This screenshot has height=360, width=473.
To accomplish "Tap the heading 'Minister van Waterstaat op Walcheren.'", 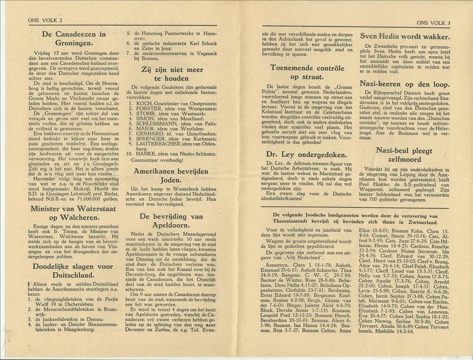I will point(73,213).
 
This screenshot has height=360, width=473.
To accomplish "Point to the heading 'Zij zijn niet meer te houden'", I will point(172,74).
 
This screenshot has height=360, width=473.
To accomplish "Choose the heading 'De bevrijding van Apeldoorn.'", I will point(172,220).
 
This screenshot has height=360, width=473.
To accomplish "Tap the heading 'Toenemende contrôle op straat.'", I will point(311,72).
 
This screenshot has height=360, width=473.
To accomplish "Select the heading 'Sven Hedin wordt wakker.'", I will point(404,36).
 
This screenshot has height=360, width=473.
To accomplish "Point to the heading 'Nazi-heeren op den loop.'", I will point(404,83).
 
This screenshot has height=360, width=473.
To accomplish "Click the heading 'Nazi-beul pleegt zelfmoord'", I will point(404,155).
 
